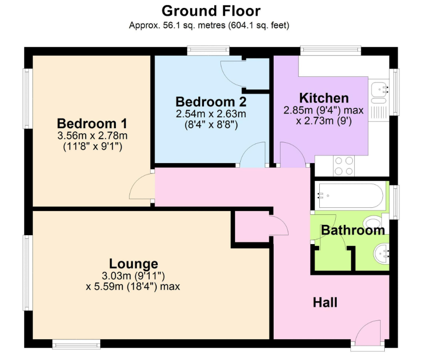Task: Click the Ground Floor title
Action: (x=211, y=11)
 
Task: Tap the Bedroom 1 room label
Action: (x=92, y=123)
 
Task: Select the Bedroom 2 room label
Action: (x=211, y=102)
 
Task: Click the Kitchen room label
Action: (x=324, y=98)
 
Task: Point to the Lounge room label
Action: (x=133, y=264)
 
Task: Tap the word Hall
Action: (x=325, y=303)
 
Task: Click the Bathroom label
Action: (x=353, y=230)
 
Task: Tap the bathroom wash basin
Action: (x=381, y=254)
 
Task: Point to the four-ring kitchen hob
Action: (x=344, y=166)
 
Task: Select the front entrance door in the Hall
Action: (x=368, y=333)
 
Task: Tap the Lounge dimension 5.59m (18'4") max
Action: (x=133, y=286)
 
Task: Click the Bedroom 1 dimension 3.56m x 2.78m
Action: (x=92, y=135)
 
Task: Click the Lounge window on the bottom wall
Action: (x=76, y=344)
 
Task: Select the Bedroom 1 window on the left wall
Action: (x=28, y=98)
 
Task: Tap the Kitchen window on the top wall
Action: (x=331, y=51)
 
